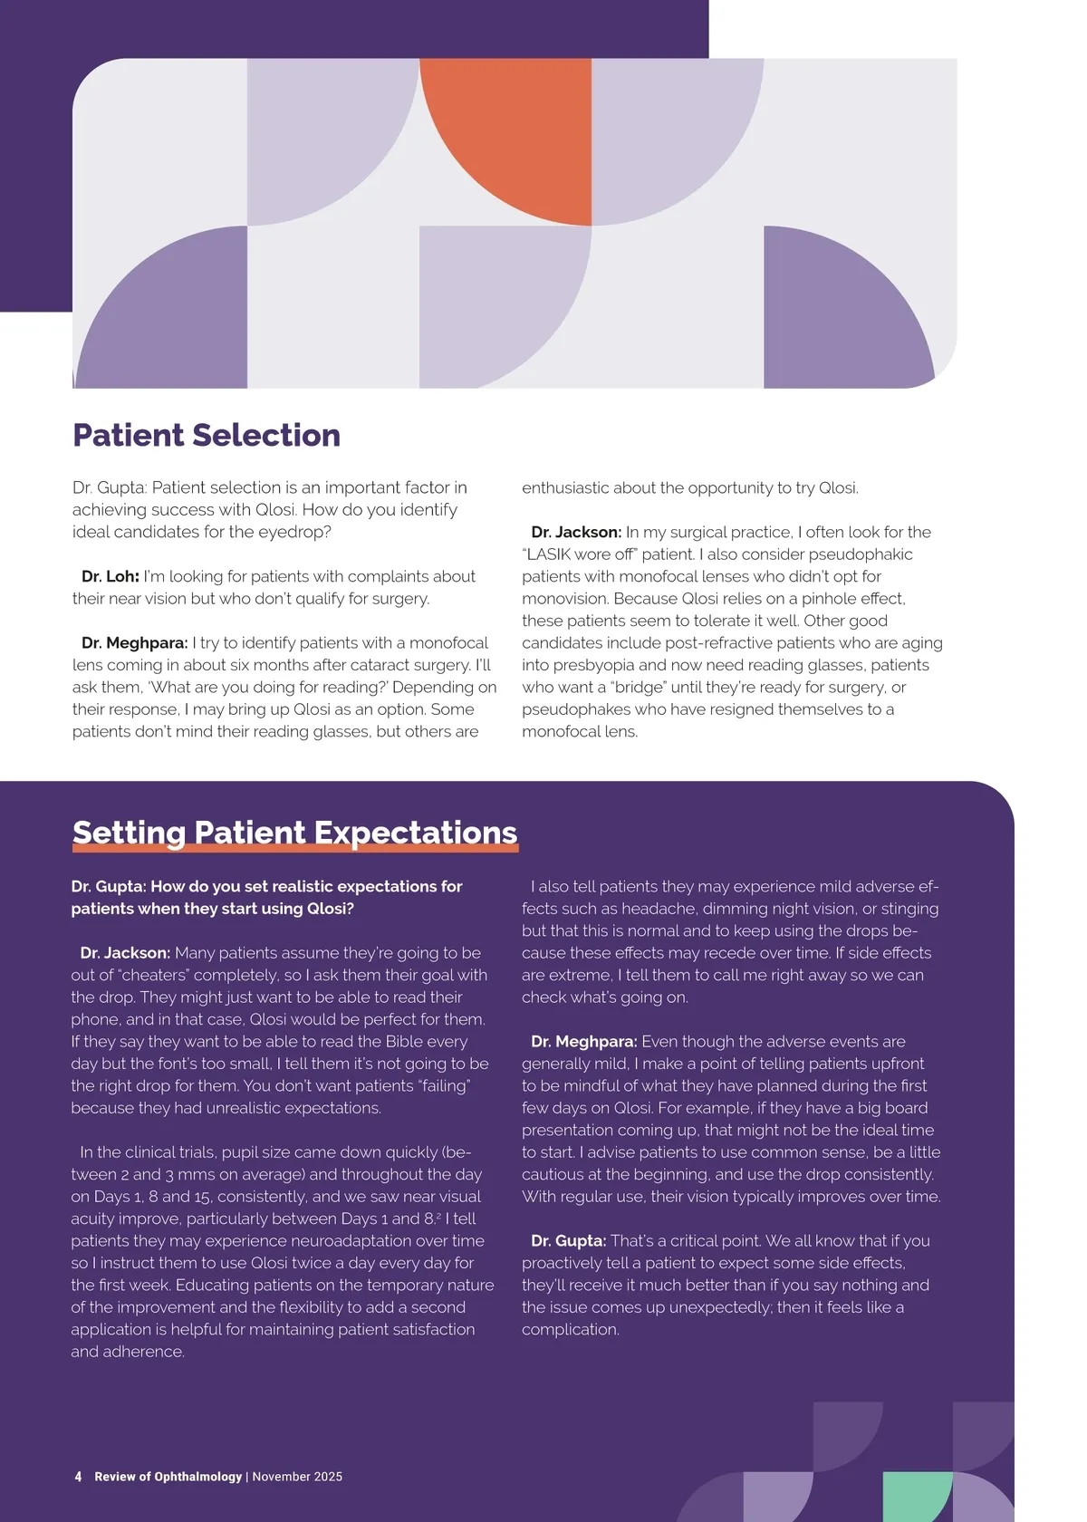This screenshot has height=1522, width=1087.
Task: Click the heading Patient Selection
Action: coord(207,436)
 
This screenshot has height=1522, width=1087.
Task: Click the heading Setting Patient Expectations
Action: coord(294,833)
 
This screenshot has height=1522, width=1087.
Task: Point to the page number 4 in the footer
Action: coord(78,1477)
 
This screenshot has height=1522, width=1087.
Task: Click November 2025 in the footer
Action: coord(297,1477)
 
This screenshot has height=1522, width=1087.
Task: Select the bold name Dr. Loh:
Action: coord(110,576)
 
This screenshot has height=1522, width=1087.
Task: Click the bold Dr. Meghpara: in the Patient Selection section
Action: coord(134,643)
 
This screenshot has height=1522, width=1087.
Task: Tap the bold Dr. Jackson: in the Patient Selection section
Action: coord(576,533)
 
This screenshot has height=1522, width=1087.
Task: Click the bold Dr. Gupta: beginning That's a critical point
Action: coord(568,1241)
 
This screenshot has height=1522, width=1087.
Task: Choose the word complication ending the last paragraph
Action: coord(570,1330)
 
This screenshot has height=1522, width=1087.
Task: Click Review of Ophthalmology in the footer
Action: coord(168,1477)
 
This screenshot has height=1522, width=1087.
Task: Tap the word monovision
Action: coord(565,599)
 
